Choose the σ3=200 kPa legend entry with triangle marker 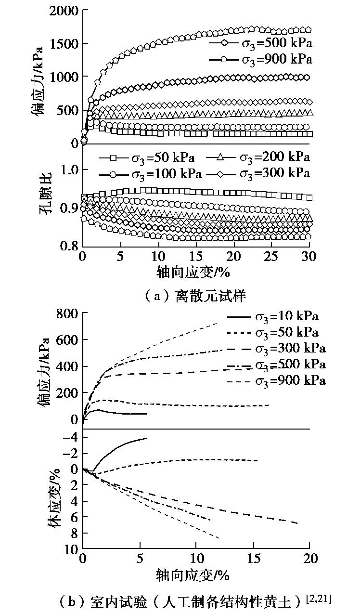tap(258, 157)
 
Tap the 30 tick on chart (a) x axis tap(309, 256)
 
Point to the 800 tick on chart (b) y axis tap(67, 313)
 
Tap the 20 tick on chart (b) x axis tap(309, 560)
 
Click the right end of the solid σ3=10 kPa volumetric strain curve tap(146, 438)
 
